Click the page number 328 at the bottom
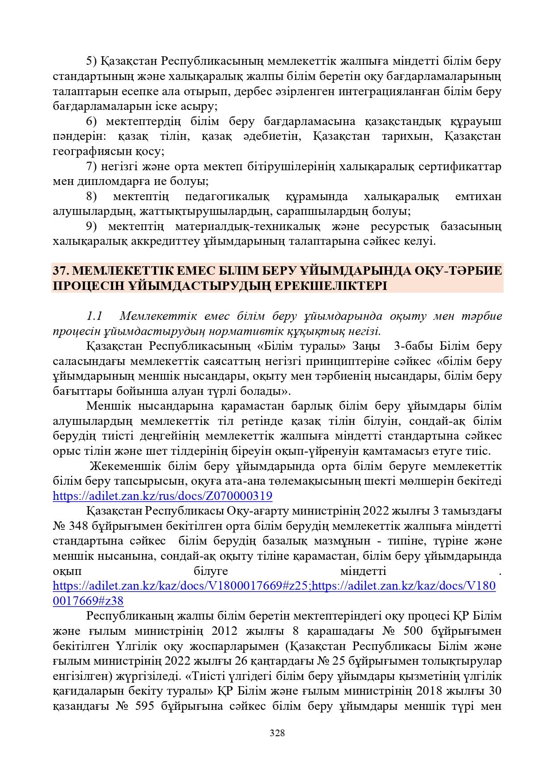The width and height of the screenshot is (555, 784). point(277,733)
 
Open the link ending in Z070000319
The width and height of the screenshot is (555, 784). point(162,496)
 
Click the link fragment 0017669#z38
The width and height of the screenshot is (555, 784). point(88,601)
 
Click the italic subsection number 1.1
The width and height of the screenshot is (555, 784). point(94,316)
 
